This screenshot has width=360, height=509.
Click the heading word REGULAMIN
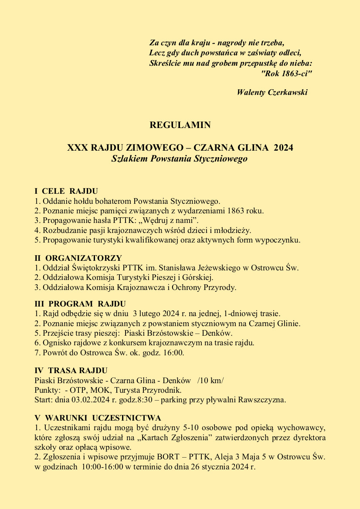(180, 125)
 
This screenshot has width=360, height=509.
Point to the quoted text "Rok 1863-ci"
(286, 74)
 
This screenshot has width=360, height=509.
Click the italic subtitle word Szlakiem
(129, 159)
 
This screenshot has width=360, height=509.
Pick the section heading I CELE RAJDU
(66, 191)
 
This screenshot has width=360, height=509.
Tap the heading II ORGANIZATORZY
(78, 258)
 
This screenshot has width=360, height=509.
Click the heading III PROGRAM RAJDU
(80, 304)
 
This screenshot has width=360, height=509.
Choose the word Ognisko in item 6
(57, 343)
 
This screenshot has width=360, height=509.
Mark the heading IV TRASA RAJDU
(71, 371)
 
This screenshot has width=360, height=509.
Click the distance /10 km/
(211, 381)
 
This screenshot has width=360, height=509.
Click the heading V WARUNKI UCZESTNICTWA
(98, 418)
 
